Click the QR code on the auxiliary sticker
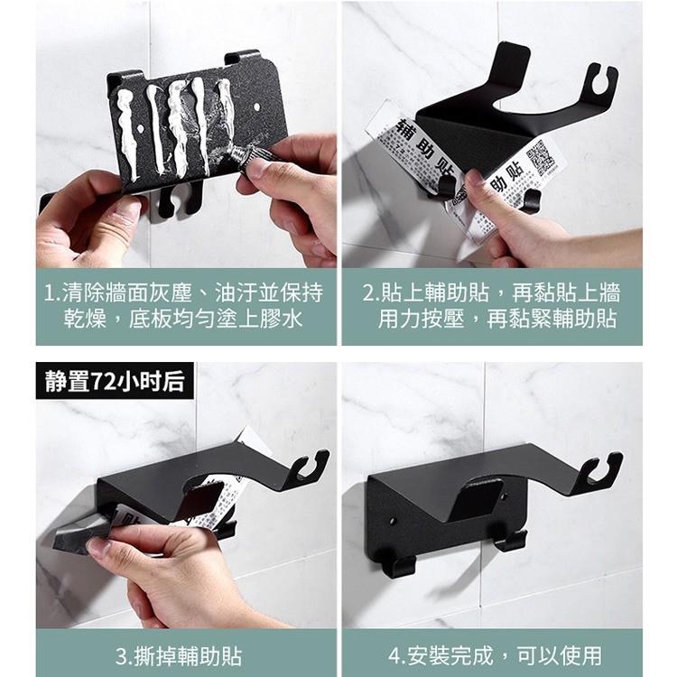[543, 157]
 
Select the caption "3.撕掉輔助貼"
[185, 654]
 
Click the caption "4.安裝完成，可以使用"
[493, 654]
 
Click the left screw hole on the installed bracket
[393, 522]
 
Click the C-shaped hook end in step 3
[309, 465]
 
